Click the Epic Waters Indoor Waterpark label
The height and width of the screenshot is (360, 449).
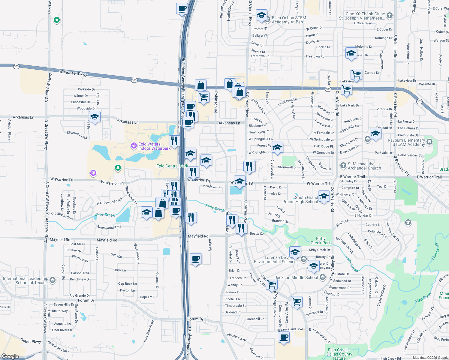coord(154,146)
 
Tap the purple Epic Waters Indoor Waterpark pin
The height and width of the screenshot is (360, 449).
coord(134,146)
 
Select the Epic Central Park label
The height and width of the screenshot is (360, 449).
coord(172,166)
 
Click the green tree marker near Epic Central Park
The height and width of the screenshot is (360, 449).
coord(118,168)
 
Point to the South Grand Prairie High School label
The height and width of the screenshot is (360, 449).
coord(300,199)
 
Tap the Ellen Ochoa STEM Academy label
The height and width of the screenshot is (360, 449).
coord(289,20)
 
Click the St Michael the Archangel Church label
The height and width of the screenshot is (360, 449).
coord(364,166)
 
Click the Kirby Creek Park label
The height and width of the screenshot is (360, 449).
coord(321,241)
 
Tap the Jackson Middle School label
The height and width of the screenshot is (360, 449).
coord(297,277)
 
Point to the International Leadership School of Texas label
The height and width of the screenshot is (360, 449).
coord(26,280)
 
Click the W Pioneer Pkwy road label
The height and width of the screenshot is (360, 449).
coord(73,73)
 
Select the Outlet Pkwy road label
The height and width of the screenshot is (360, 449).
coord(31,341)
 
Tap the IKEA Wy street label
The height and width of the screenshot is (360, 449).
coord(210,245)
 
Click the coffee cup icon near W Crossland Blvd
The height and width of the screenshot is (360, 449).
coord(284,337)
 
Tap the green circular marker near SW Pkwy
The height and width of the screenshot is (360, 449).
coord(56,20)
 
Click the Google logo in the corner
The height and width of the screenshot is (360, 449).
coord(10,356)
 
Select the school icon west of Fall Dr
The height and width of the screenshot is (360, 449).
coord(95,117)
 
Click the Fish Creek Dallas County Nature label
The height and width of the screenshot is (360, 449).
coord(339,354)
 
